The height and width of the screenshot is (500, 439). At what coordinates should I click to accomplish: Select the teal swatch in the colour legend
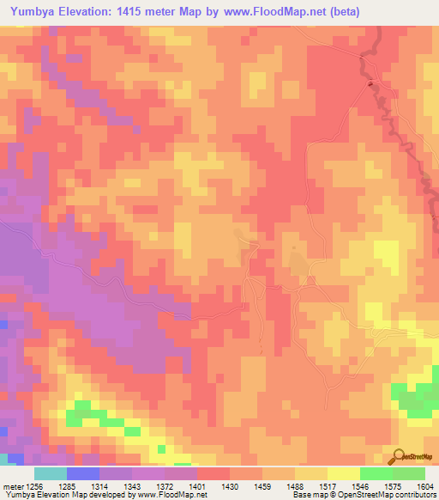point(51,473)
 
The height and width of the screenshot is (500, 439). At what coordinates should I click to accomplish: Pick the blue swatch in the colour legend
point(83,473)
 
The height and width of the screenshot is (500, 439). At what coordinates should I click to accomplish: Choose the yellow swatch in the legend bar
point(344,473)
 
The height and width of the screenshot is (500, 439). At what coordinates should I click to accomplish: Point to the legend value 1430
point(230,486)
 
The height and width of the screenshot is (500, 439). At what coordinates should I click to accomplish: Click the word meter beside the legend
point(12,486)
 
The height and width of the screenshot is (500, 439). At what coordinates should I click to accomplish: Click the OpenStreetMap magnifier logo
point(400,456)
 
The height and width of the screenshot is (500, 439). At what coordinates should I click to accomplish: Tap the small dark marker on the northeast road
point(370,83)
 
